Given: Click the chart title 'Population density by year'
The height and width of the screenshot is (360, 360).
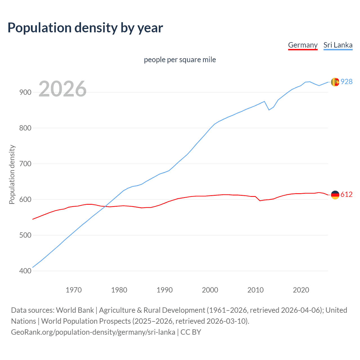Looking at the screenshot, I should click(85, 28).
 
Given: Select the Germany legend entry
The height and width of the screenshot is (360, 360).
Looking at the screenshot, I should click(303, 45).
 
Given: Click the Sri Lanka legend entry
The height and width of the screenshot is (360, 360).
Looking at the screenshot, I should click(338, 45).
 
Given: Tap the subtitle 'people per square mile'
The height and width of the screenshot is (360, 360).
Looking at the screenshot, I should click(180, 60).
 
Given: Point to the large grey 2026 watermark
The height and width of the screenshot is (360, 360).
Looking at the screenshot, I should click(62, 89).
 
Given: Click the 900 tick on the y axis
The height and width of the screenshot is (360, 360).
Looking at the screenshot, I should click(25, 92).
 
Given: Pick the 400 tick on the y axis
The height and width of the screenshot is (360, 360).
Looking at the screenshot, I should click(25, 271).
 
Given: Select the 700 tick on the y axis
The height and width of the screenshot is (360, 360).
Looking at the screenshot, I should click(25, 164).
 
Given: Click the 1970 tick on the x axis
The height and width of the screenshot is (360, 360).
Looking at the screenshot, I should click(74, 290).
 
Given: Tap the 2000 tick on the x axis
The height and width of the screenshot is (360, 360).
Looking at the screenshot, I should click(210, 290).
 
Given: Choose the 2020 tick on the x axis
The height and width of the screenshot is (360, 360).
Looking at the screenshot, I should click(301, 290).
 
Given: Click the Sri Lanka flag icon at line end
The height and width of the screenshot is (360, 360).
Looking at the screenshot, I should click(335, 82).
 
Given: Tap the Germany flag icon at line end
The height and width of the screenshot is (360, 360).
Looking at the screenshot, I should click(335, 195).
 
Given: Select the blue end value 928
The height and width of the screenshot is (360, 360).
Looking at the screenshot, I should click(346, 82).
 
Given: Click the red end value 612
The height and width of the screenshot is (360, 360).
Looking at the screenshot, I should click(346, 195).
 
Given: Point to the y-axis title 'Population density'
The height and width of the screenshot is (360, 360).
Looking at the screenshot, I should click(12, 174).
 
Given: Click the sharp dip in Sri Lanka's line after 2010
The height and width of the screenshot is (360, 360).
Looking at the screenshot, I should click(269, 110).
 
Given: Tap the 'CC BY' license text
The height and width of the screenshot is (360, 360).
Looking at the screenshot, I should click(191, 332).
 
